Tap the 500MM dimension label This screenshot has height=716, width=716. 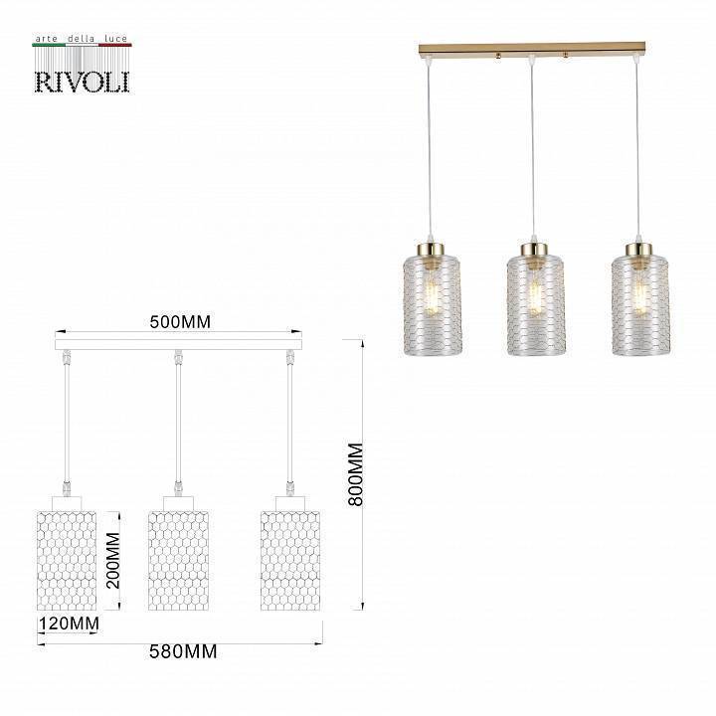tap(180, 323)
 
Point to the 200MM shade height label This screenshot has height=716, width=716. tap(113, 561)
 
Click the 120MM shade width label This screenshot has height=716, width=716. tap(69, 624)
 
